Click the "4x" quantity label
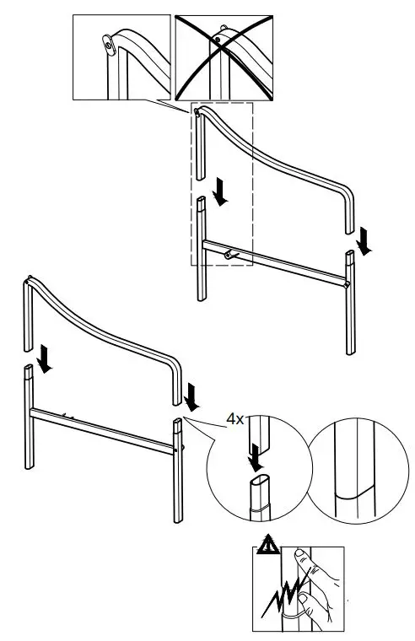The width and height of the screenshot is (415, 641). (x=234, y=417)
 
